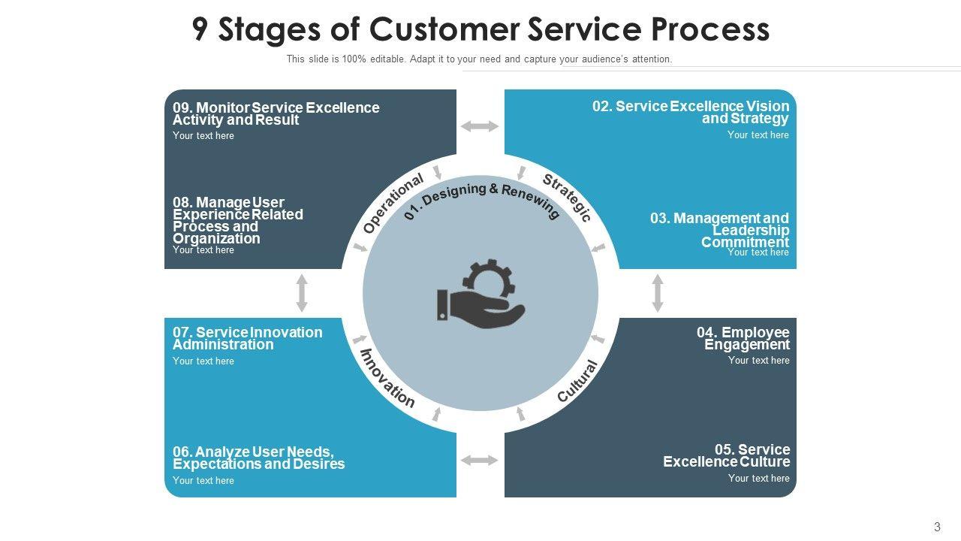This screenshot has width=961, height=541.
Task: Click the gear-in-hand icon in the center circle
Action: (x=481, y=294)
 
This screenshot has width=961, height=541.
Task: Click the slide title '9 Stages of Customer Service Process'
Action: (x=480, y=29)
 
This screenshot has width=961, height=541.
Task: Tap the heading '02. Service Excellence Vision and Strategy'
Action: (x=691, y=112)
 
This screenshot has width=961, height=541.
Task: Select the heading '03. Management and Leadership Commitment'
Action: (x=719, y=230)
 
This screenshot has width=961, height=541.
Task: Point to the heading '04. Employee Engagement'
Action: (x=743, y=338)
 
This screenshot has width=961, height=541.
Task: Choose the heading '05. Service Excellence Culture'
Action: (x=726, y=455)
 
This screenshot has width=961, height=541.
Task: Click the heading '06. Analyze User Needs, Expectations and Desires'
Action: (x=258, y=458)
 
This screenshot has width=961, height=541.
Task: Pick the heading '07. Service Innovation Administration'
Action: (x=247, y=338)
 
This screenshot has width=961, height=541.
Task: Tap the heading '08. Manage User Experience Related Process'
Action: (x=237, y=220)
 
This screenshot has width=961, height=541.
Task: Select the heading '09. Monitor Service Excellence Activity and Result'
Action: (x=276, y=113)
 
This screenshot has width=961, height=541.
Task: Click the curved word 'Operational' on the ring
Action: (x=393, y=203)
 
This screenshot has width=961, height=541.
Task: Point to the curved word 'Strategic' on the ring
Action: (x=568, y=198)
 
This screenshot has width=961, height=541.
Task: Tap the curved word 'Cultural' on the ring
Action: (x=578, y=381)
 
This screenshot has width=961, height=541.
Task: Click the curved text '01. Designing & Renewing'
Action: (x=481, y=199)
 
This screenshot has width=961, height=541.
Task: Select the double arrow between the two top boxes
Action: (x=480, y=126)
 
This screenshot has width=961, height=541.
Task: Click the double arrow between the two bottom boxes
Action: (x=480, y=460)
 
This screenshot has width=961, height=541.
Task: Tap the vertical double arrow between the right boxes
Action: (x=658, y=293)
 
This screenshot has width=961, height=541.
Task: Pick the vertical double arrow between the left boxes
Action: (x=302, y=293)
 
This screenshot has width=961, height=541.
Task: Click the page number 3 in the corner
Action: (x=937, y=527)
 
